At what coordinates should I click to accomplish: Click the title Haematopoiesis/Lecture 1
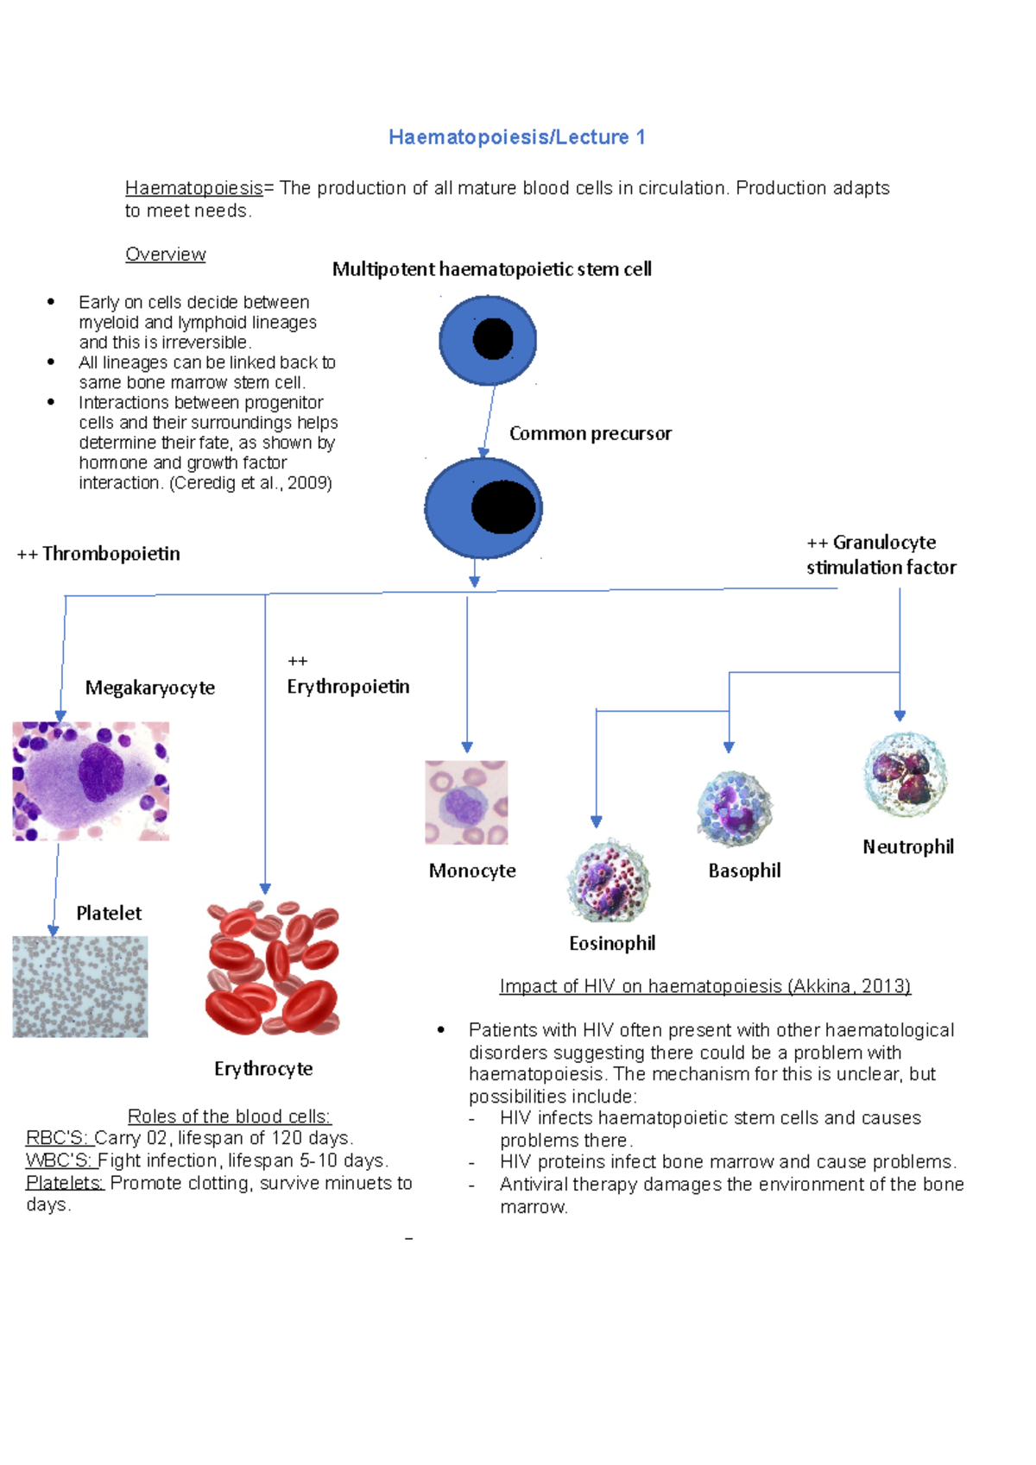516,137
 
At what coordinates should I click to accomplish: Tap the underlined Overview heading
165,255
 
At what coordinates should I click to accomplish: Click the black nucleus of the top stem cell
493,339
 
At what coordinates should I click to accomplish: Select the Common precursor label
590,433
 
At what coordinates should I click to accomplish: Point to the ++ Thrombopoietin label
99,554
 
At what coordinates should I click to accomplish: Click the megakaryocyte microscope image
91,781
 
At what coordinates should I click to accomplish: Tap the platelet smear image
80,986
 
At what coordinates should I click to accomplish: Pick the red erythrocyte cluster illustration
273,968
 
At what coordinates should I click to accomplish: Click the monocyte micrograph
466,802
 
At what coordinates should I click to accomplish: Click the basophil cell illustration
734,808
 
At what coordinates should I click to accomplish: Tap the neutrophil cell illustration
904,775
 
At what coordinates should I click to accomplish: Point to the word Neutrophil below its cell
908,847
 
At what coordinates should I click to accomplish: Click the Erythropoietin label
348,687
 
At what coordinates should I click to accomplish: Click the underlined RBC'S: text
57,1138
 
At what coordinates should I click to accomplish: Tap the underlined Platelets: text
65,1183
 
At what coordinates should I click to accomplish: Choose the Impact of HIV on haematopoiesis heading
704,986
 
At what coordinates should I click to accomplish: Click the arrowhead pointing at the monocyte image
467,747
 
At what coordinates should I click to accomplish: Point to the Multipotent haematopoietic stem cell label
491,269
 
